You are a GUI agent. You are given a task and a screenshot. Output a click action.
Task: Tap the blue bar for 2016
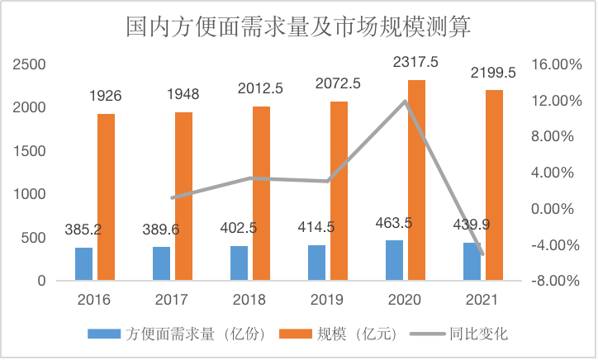click(84, 263)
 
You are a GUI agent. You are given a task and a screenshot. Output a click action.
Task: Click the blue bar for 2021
click(472, 261)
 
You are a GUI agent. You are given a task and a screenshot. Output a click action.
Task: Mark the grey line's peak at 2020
click(406, 101)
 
